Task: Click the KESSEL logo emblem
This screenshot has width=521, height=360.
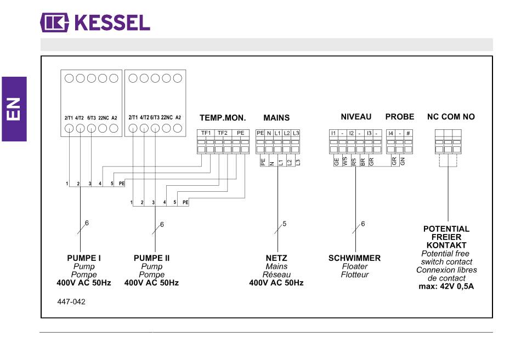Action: [54, 22]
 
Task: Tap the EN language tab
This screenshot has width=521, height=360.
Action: [14, 109]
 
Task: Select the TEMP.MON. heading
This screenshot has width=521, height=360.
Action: [223, 118]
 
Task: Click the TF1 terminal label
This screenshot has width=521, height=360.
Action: [206, 133]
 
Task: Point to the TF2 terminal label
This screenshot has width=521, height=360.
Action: [222, 133]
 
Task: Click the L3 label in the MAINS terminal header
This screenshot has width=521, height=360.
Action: [296, 133]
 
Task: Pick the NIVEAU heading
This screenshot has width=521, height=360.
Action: [356, 117]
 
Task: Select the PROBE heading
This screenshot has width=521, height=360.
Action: [400, 117]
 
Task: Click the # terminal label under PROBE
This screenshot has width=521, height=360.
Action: [408, 133]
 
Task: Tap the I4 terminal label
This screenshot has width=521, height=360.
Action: [390, 133]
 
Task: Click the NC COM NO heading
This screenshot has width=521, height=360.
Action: [451, 117]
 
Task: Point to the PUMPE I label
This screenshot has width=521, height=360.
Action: [84, 258]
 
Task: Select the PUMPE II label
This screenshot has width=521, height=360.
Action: [151, 258]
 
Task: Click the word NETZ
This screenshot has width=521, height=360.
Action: [276, 258]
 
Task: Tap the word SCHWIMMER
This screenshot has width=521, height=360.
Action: [354, 258]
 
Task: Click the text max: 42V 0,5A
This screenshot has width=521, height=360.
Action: [446, 286]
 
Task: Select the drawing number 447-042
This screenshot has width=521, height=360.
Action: [71, 302]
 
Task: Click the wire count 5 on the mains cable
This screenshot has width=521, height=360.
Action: [285, 224]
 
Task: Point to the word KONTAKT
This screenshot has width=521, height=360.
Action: [446, 245]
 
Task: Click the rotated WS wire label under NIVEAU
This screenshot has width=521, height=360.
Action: [345, 162]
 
